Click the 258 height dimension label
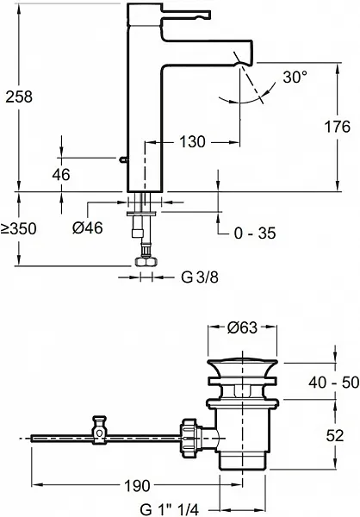[x=19, y=97]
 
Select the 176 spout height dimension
[x=338, y=127]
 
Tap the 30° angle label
[x=295, y=78]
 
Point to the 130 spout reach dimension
[x=193, y=142]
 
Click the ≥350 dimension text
[x=18, y=228]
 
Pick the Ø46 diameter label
[x=88, y=227]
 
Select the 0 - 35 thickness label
[x=255, y=234]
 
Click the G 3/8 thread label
[x=200, y=277]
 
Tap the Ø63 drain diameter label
[x=242, y=327]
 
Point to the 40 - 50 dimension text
[x=334, y=383]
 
